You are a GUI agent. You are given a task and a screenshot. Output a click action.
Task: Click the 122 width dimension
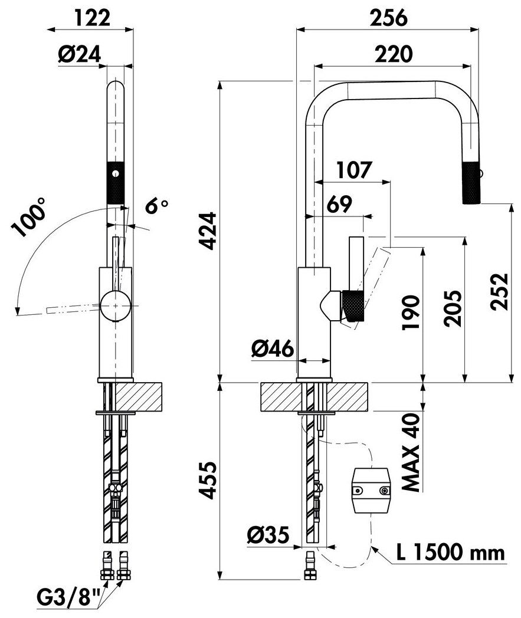tap(93, 18)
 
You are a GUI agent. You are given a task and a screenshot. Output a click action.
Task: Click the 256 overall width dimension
tap(388, 18)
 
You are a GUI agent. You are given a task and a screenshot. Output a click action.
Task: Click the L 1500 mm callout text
tap(451, 553)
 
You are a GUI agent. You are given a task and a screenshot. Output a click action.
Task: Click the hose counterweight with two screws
tap(371, 489)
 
